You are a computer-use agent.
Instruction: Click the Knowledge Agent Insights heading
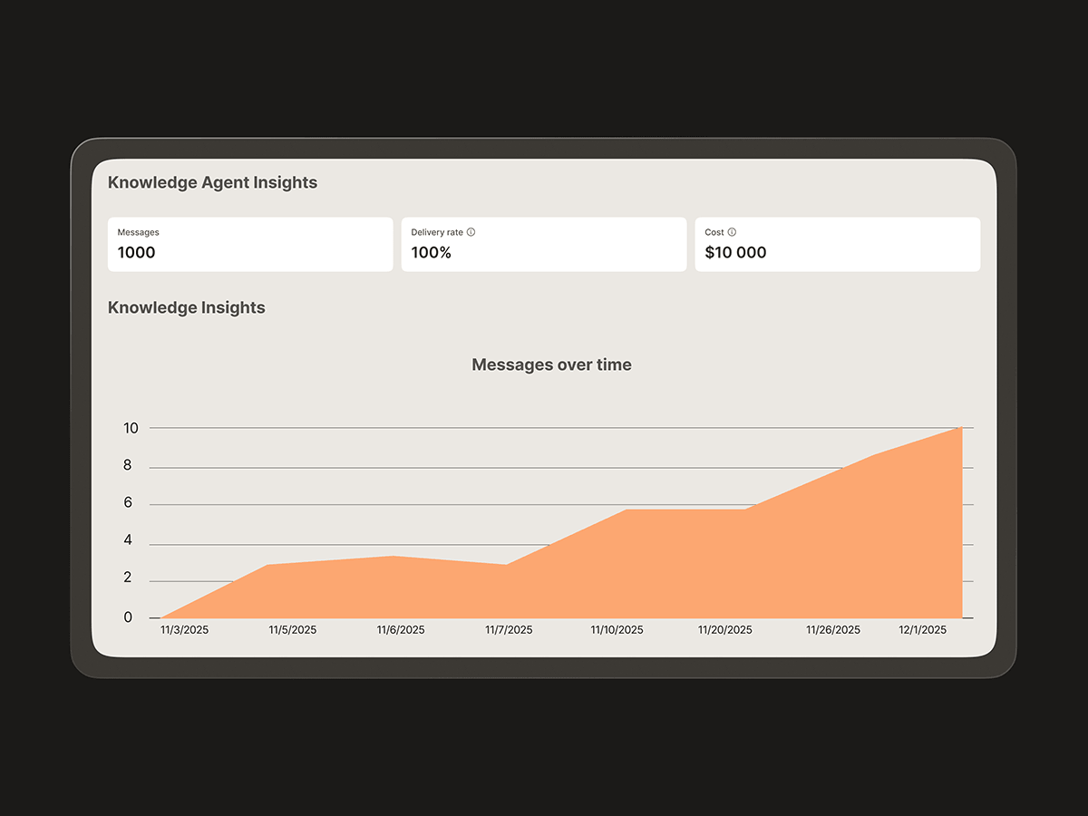tap(212, 182)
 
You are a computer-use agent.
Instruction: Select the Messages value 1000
tap(136, 253)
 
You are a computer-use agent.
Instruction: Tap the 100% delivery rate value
tap(431, 253)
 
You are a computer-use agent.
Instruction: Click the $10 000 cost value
tap(735, 253)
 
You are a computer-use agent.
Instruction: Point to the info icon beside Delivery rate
tap(471, 232)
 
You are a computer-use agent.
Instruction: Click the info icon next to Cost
tap(732, 232)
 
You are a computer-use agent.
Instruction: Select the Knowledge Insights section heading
tap(186, 307)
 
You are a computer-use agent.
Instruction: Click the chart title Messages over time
tap(551, 364)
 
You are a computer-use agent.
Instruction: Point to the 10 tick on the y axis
tap(131, 428)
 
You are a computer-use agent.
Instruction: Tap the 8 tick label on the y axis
tap(128, 466)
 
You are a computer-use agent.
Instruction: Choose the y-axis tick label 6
tap(128, 503)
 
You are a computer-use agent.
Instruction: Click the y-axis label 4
tap(128, 541)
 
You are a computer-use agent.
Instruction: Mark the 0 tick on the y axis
tap(128, 617)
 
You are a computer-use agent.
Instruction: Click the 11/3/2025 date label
tap(184, 630)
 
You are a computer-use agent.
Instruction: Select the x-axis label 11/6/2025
tap(400, 630)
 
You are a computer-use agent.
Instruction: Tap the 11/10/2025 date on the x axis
tap(617, 630)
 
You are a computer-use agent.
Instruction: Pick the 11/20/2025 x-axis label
tap(724, 630)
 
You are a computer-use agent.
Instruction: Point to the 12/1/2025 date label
tap(922, 630)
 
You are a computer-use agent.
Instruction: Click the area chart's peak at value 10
tap(960, 427)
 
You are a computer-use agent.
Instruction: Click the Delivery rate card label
tap(437, 232)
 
